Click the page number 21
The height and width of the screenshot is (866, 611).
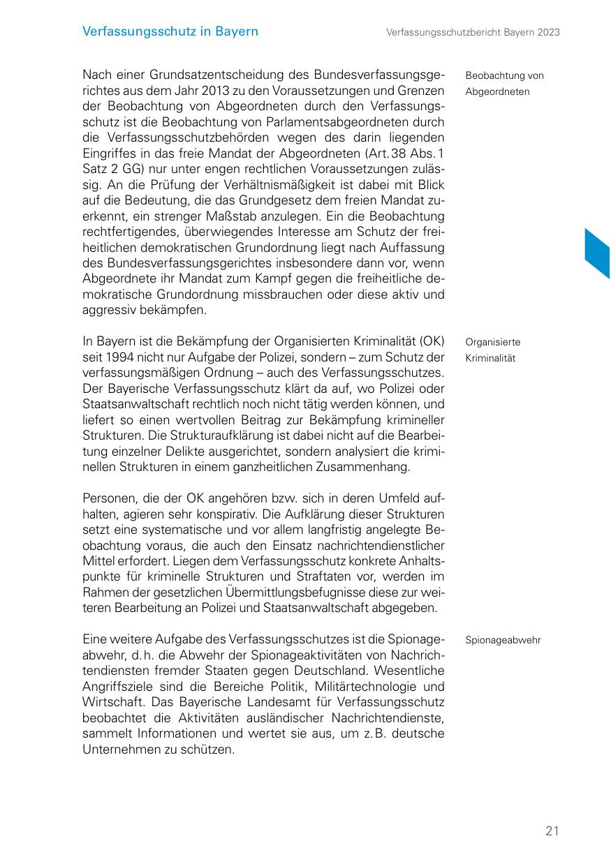click(552, 830)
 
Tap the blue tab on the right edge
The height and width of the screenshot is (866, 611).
click(598, 253)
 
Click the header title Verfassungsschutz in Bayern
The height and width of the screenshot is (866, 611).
click(170, 31)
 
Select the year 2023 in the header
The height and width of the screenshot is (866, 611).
click(548, 32)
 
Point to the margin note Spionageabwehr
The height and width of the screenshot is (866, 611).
click(503, 639)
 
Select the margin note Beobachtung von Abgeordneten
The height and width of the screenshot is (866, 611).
click(504, 84)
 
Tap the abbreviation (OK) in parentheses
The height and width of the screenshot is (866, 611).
click(432, 342)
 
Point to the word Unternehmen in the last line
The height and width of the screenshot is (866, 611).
click(126, 749)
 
